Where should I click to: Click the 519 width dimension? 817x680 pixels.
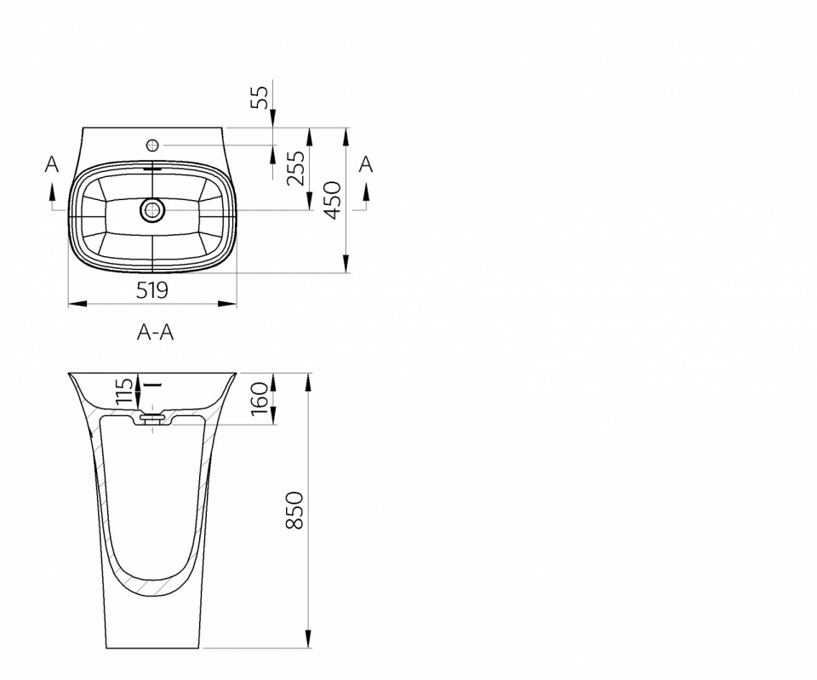(x=152, y=289)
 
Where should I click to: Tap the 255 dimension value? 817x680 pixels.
(x=295, y=168)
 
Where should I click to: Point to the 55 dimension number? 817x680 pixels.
(x=260, y=97)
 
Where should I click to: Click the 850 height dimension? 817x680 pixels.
(x=294, y=510)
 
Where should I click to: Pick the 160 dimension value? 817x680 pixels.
(x=259, y=399)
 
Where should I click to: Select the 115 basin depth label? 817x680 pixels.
(x=124, y=391)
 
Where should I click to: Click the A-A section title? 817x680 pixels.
(x=155, y=332)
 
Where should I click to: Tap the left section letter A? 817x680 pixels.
(x=52, y=164)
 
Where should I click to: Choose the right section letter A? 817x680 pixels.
(x=366, y=164)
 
